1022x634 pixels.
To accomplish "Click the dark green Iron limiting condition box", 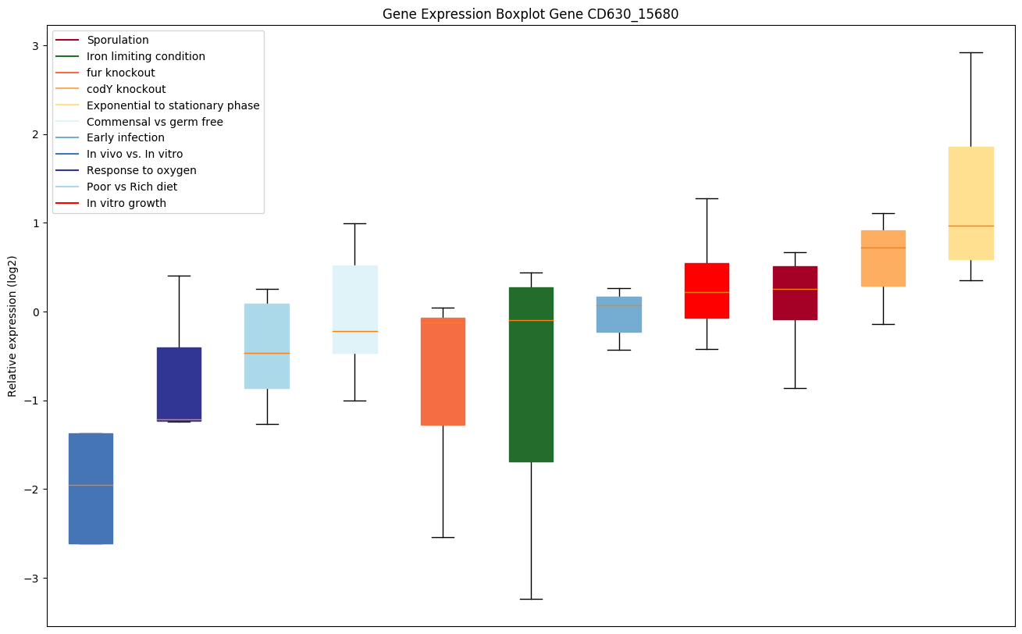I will [x=531, y=375].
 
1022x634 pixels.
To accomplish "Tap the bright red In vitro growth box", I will [x=707, y=290].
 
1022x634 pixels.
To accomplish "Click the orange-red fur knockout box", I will [x=443, y=372].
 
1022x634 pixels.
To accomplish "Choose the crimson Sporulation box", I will [x=795, y=293].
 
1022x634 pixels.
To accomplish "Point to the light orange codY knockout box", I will [x=883, y=258].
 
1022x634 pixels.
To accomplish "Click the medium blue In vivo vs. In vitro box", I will [x=91, y=488].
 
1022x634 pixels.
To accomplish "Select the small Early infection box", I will [x=619, y=315].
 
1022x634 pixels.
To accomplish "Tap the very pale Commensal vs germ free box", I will [x=354, y=309].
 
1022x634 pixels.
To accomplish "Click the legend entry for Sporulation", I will [x=118, y=40].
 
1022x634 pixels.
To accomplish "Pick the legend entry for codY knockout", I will [x=126, y=89].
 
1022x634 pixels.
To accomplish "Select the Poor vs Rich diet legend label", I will [x=132, y=187].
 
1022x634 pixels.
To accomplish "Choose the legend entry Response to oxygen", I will [x=141, y=170].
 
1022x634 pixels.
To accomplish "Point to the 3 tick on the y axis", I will [x=34, y=46].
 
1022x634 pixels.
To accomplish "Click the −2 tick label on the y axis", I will [x=31, y=490].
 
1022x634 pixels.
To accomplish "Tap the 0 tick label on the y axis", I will [x=34, y=312].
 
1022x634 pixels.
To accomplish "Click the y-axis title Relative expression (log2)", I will [x=12, y=326].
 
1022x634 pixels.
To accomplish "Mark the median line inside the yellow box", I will [x=970, y=226].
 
